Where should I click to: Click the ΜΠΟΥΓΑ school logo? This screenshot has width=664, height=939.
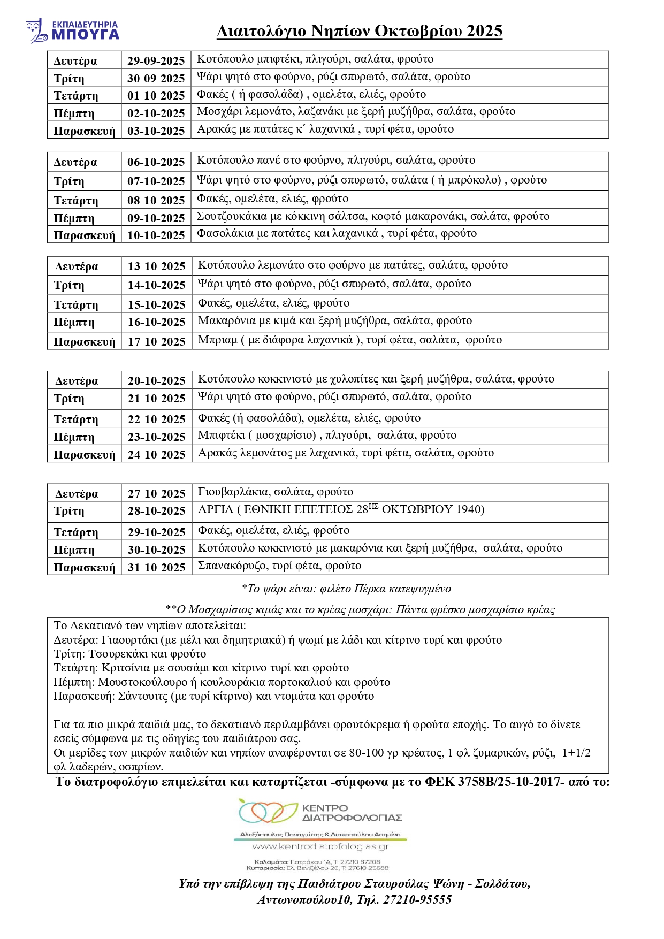[72, 31]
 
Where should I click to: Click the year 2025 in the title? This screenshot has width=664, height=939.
[484, 32]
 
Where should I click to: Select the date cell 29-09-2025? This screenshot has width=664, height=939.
[156, 61]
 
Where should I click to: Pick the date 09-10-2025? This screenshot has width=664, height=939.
[156, 218]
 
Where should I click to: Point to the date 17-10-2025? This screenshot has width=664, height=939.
[156, 342]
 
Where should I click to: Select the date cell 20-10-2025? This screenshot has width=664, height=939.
[156, 381]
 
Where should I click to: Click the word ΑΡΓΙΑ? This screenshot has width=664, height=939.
[216, 509]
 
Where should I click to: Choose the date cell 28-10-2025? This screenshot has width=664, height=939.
[156, 511]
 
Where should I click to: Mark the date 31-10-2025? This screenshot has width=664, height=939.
[156, 568]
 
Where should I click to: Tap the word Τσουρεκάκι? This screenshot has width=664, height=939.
[118, 654]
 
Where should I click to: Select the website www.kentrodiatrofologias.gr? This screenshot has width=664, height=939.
[320, 847]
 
